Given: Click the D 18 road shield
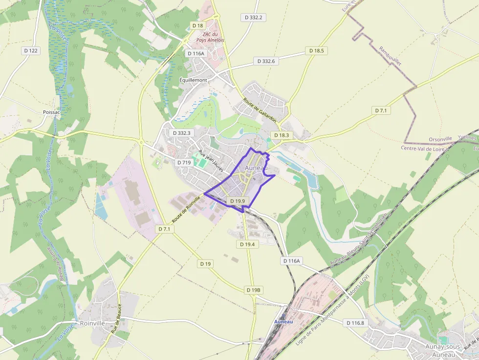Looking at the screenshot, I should [197, 25].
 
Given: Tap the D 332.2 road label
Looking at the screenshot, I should [254, 18].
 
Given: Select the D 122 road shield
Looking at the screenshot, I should [30, 51].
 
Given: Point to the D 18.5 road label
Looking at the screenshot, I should [317, 51].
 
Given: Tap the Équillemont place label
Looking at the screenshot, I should [193, 80].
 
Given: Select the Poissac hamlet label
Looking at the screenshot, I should [51, 112].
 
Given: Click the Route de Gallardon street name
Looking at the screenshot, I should [260, 110].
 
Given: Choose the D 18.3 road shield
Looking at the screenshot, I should [282, 135].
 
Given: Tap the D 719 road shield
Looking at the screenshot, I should [184, 163].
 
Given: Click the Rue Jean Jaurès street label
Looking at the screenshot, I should [211, 161].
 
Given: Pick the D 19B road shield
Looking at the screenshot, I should [254, 290].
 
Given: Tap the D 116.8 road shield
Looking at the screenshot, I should [355, 323].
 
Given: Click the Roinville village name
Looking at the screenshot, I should [92, 323].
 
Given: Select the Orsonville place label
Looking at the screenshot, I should [440, 139].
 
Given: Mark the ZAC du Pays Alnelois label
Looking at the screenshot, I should [210, 37].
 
